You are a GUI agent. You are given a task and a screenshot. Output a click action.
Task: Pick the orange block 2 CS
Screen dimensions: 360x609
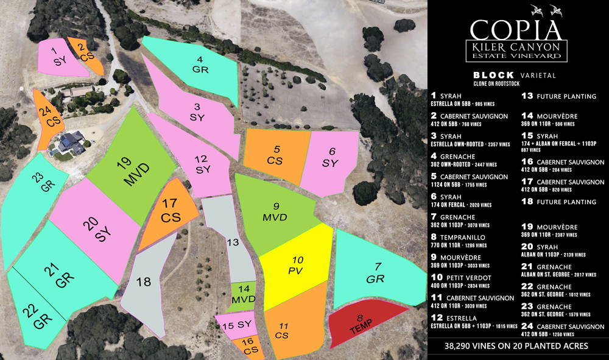85,54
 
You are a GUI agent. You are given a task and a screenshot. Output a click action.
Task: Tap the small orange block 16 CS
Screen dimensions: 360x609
248,347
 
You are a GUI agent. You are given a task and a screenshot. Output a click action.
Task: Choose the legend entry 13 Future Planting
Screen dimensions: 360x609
558,96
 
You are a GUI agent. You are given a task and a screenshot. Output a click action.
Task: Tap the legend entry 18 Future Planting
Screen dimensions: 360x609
558,202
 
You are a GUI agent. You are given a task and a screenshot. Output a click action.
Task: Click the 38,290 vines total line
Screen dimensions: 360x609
517,345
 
